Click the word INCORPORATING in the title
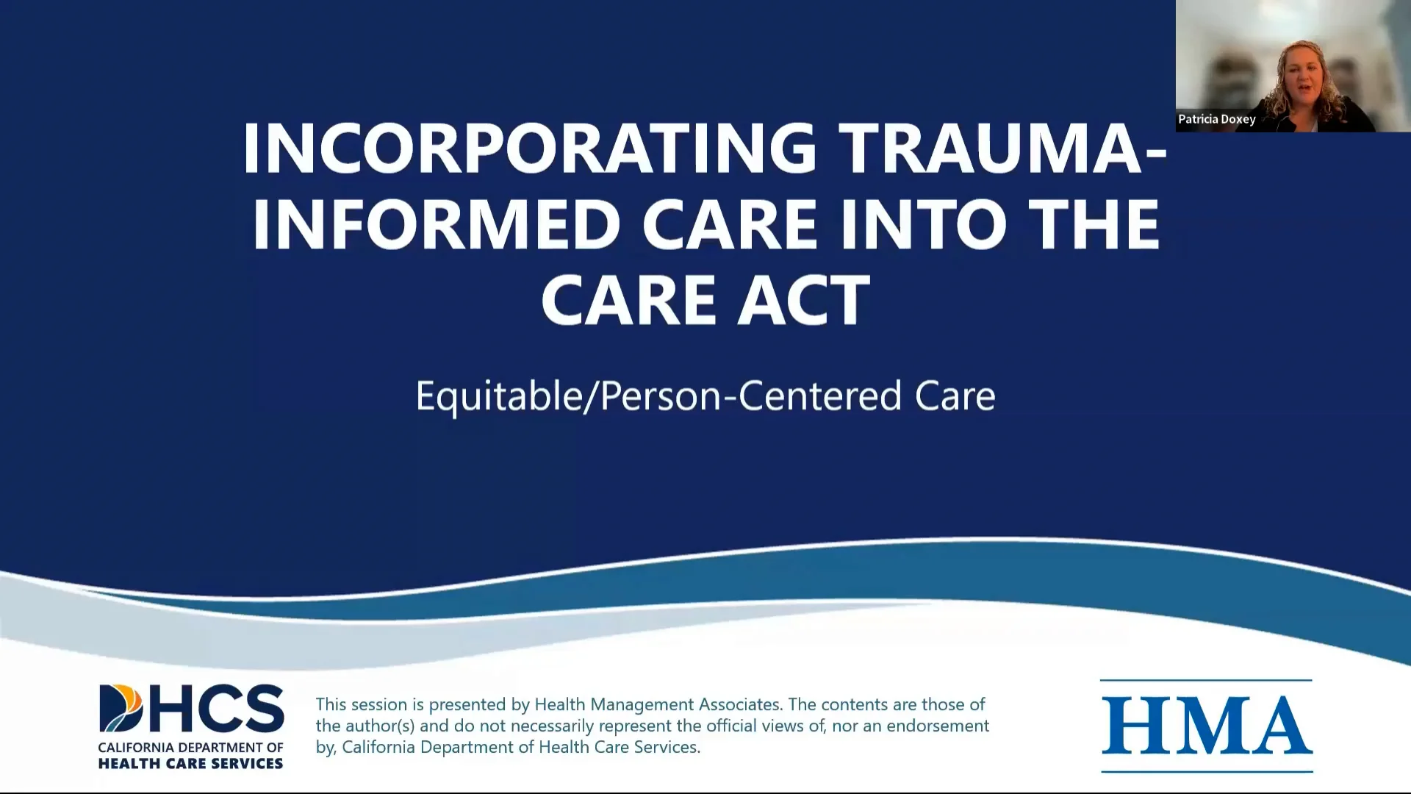pos(529,148)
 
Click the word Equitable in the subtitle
pos(498,396)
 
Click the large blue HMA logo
pos(1206,726)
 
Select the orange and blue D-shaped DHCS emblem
pos(121,709)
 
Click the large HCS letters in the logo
pos(217,709)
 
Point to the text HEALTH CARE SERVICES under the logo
pos(190,764)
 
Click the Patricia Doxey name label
pos(1216,119)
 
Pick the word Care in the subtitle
pos(955,396)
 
